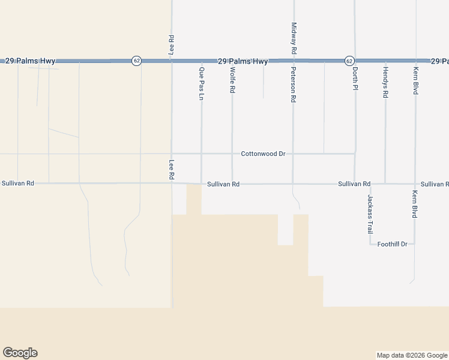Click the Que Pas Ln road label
click(x=201, y=83)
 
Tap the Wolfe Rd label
click(x=232, y=80)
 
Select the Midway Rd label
click(x=294, y=39)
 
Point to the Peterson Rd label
click(x=294, y=85)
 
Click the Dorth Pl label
click(x=355, y=79)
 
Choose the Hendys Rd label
click(x=385, y=82)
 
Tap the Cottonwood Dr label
click(x=263, y=154)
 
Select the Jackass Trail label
click(x=370, y=214)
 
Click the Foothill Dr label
click(x=393, y=244)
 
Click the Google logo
click(x=20, y=353)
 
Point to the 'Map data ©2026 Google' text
click(x=411, y=355)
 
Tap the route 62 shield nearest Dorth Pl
click(x=349, y=61)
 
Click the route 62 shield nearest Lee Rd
click(x=137, y=61)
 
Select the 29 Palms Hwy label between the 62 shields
click(x=243, y=61)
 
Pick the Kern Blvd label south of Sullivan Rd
click(x=415, y=204)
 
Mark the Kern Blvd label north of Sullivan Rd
click(x=415, y=80)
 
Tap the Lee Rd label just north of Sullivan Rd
click(x=172, y=170)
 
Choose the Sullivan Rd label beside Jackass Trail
click(x=354, y=184)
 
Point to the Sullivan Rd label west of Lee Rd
click(x=18, y=183)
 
